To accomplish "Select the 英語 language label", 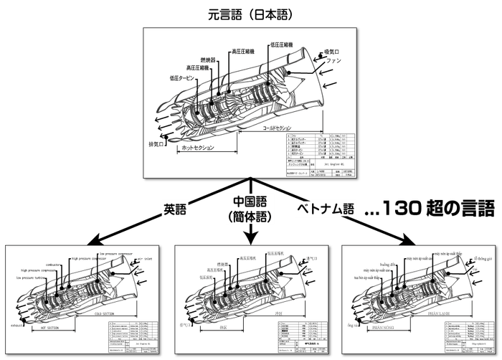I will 175,209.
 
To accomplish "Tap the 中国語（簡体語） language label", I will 250,209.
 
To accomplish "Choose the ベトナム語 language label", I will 323,209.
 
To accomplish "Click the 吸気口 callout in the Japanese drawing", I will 334,52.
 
